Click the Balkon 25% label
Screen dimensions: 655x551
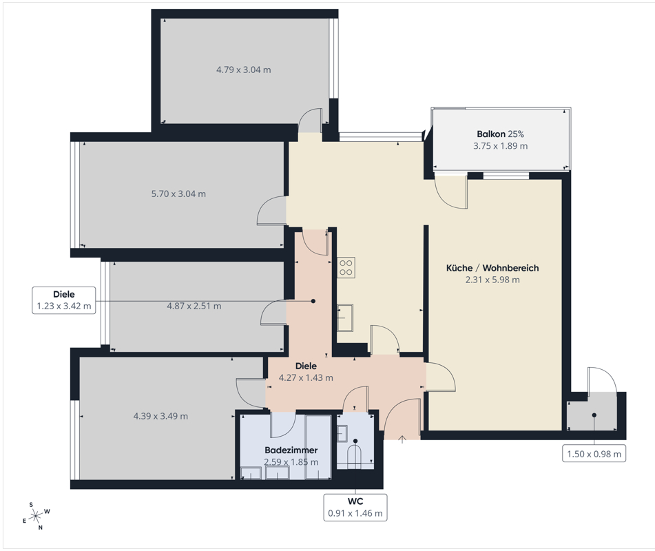coord(500,134)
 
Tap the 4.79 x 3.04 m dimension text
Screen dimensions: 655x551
coord(244,70)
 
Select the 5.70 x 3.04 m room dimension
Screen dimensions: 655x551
coord(178,194)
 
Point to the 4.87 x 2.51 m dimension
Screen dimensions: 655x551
coord(194,306)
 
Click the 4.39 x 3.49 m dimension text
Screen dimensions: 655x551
coord(160,416)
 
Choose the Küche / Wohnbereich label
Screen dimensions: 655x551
coord(492,268)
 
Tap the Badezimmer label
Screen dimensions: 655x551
coord(291,450)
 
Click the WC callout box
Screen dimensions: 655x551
coord(355,508)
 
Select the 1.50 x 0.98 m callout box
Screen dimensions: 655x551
coord(594,454)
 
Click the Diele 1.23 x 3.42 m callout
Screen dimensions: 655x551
coord(64,300)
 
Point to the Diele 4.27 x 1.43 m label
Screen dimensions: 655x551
coord(306,372)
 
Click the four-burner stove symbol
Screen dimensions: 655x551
coord(346,267)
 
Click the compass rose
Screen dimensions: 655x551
coord(37,516)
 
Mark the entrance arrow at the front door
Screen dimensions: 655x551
coord(402,439)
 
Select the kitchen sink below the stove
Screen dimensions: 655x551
coord(345,318)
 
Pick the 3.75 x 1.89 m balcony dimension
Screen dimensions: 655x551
coord(500,146)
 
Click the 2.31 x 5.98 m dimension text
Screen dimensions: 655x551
coord(492,280)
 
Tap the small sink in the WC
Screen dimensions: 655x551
coord(342,434)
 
